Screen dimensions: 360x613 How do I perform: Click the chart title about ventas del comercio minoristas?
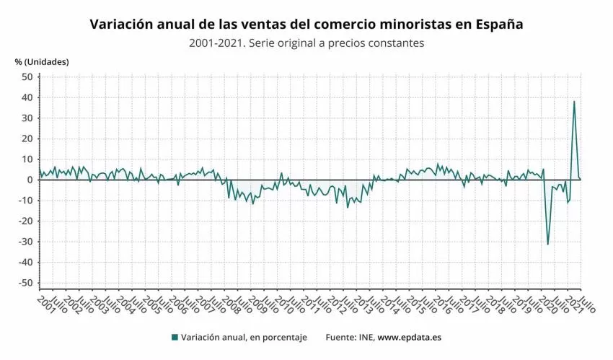(306, 25)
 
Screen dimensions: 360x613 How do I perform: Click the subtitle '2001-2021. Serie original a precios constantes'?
(306, 43)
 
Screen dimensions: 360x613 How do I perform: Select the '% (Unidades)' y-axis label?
(42, 61)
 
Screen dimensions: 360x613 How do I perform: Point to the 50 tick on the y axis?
(27, 76)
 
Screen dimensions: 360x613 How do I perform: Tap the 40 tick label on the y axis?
(27, 97)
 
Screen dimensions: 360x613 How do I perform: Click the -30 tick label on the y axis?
(25, 242)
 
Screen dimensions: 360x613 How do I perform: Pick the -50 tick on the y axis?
(25, 283)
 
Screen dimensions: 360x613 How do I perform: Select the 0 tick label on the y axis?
(29, 180)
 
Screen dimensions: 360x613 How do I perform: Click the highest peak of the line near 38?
(574, 101)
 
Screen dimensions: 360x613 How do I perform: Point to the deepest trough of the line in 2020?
(547, 244)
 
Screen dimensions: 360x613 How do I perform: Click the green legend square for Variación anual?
(175, 337)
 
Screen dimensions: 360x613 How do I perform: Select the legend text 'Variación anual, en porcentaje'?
(244, 337)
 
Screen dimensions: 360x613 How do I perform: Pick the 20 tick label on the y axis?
(27, 139)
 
